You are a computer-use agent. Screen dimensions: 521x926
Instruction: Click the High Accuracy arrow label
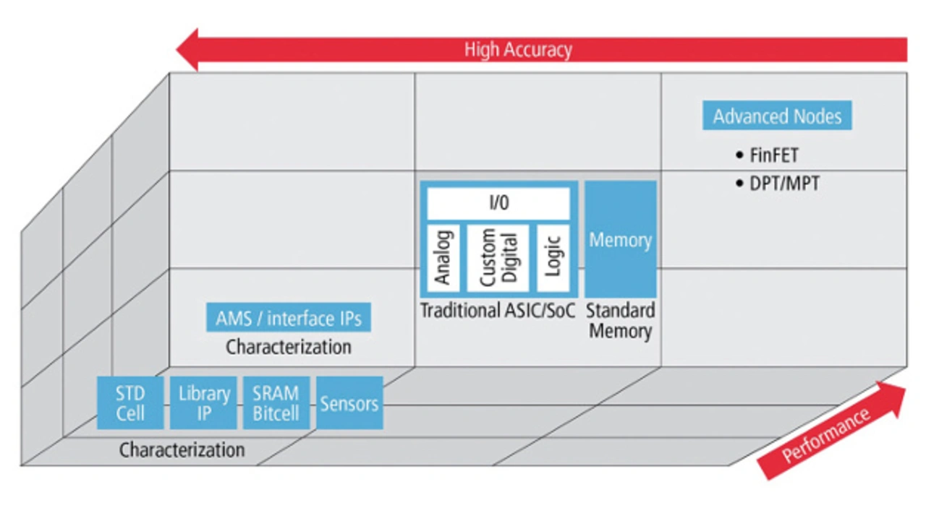[518, 50]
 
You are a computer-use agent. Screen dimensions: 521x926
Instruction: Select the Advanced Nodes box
[777, 116]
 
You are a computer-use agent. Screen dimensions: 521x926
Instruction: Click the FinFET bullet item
[774, 155]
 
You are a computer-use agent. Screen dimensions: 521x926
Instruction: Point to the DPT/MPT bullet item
[784, 184]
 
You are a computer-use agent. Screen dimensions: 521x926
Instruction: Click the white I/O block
[498, 203]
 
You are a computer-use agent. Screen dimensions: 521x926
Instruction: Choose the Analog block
[443, 257]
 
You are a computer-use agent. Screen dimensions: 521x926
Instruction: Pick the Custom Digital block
[498, 257]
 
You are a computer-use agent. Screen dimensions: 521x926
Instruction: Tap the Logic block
[553, 257]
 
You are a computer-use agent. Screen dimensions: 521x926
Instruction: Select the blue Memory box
[621, 240]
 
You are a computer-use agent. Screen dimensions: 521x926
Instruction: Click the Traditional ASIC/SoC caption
[498, 311]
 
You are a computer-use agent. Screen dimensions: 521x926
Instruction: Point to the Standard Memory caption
[620, 322]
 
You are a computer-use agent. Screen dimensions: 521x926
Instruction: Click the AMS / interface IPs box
[289, 318]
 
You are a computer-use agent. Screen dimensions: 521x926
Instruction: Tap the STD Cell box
[130, 403]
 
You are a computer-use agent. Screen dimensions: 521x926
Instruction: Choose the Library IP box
[204, 403]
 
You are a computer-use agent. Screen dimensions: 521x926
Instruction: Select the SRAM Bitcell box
[276, 403]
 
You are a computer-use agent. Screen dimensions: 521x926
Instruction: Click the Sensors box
[349, 403]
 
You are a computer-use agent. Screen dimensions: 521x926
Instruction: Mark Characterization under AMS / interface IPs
[289, 347]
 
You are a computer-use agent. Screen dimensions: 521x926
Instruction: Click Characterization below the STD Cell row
[182, 450]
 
